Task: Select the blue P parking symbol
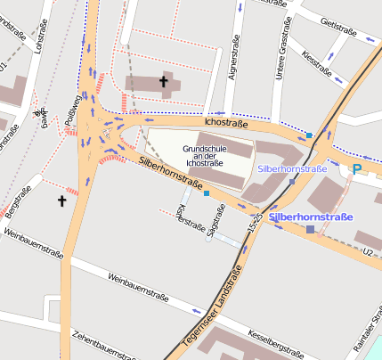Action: click(357, 169)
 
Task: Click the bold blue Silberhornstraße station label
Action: click(311, 217)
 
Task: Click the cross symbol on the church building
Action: click(163, 82)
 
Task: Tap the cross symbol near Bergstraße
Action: click(62, 201)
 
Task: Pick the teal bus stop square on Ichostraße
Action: click(309, 135)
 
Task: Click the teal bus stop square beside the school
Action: click(207, 192)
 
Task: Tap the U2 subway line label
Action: click(366, 253)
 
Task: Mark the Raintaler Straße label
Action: click(372, 330)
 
